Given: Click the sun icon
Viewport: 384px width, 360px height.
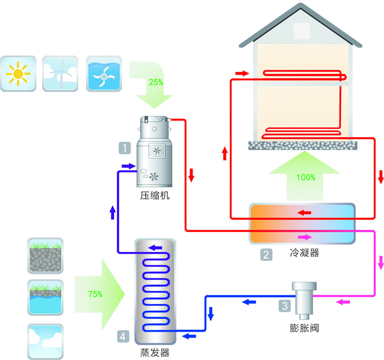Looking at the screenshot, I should coord(19,73).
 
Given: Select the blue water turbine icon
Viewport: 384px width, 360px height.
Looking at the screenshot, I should coord(104,73).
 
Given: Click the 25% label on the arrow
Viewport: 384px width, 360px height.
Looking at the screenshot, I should coord(155,82).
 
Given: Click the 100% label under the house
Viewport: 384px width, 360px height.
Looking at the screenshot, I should coord(306,177).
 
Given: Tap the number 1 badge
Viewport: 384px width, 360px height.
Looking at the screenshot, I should coord(125,147).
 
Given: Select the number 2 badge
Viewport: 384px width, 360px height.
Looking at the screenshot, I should coord(266,254).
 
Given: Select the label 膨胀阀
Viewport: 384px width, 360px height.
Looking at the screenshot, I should coord(303,329).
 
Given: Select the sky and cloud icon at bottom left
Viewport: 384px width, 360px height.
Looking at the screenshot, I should coord(45,341).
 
